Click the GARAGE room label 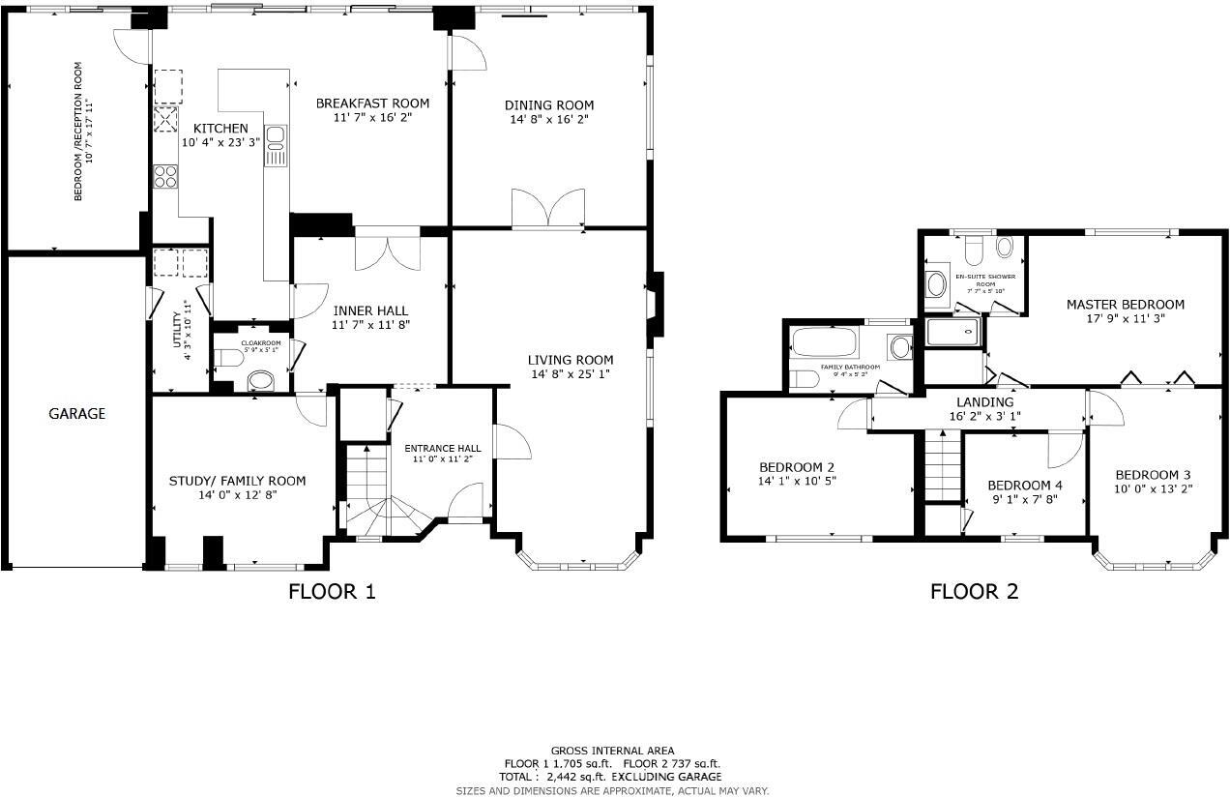click(76, 414)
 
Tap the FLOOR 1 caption click(332, 591)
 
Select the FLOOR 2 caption click(974, 591)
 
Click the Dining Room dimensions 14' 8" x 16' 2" click(548, 119)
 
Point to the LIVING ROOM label click(571, 360)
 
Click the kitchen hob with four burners click(165, 176)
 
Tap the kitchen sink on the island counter click(275, 145)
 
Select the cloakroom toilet click(229, 360)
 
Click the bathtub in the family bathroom click(822, 343)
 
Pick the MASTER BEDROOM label click(1125, 304)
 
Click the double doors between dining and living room click(548, 209)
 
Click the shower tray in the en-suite click(952, 332)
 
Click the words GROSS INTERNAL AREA click(612, 751)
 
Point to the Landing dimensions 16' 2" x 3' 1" click(984, 416)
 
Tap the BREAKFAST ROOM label click(372, 103)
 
